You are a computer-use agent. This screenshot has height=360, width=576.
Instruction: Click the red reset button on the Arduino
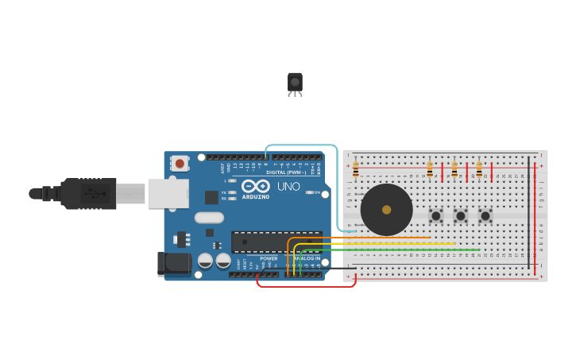(x=180, y=164)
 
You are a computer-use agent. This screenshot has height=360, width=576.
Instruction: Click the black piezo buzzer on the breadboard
(x=386, y=210)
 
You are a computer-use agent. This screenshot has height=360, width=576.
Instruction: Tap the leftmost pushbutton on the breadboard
(x=435, y=215)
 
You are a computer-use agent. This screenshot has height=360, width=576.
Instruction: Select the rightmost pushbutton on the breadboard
(x=485, y=215)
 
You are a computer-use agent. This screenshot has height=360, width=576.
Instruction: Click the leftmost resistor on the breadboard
(x=355, y=169)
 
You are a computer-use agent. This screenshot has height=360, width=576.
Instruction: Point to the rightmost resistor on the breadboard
(x=478, y=169)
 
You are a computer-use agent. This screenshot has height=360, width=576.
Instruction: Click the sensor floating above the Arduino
(x=295, y=83)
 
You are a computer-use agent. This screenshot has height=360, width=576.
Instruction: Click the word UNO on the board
(x=288, y=186)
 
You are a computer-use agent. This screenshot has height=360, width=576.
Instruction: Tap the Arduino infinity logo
(x=256, y=186)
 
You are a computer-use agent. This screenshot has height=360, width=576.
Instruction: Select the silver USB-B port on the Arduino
(x=168, y=193)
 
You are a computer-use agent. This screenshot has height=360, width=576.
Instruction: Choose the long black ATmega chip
(x=276, y=242)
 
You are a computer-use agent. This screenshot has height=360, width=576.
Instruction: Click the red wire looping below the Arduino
(x=306, y=285)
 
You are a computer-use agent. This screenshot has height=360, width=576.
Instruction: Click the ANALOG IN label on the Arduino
(x=307, y=258)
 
